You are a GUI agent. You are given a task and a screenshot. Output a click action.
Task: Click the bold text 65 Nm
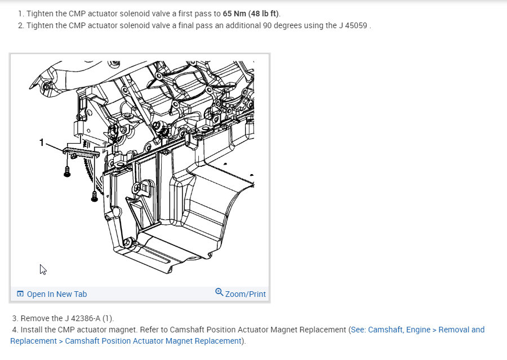point(234,14)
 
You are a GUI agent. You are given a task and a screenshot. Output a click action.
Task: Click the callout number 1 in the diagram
point(41,143)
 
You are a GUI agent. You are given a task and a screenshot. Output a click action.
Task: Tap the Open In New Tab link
point(57,294)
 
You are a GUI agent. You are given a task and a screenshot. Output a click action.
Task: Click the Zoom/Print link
point(245,294)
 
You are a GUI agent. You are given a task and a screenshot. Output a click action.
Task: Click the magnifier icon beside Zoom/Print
point(219,292)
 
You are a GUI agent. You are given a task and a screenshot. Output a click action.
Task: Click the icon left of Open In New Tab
point(20,294)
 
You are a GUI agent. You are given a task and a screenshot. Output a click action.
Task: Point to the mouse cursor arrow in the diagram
point(43,269)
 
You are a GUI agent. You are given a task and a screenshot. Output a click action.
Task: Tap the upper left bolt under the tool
point(67,171)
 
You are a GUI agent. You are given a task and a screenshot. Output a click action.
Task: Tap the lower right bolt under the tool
point(94,195)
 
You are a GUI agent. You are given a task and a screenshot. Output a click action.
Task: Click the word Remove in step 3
point(34,318)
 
